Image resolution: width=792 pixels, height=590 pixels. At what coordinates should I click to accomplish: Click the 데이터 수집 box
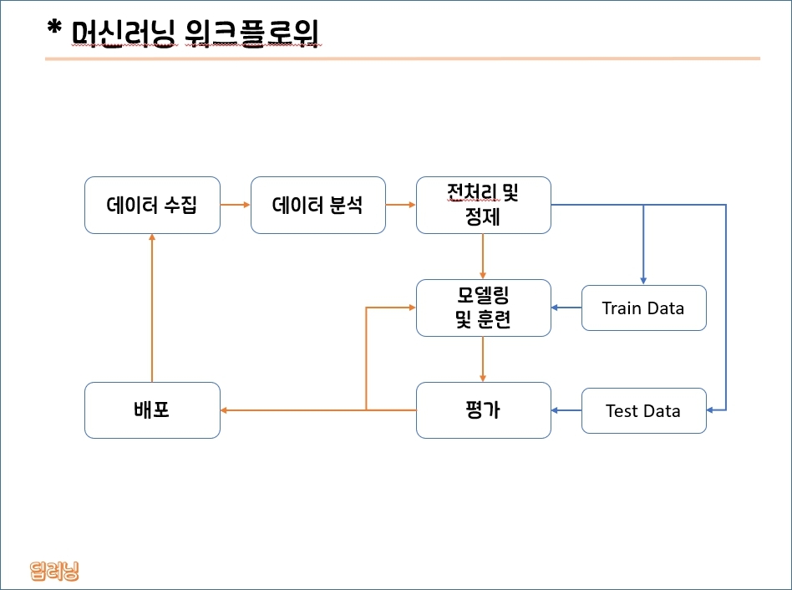pyautogui.click(x=152, y=205)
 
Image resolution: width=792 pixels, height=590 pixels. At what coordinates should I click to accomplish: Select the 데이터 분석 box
pyautogui.click(x=318, y=205)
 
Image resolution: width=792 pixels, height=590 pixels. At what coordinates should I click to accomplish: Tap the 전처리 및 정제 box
pyautogui.click(x=484, y=205)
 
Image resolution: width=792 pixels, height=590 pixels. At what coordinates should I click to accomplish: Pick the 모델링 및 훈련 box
pyautogui.click(x=484, y=308)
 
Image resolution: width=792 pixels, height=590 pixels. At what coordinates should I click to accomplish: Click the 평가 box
pyautogui.click(x=484, y=410)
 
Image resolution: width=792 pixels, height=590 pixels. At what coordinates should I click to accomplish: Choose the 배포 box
pyautogui.click(x=152, y=410)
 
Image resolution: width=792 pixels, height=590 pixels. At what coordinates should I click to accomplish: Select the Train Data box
pyautogui.click(x=644, y=308)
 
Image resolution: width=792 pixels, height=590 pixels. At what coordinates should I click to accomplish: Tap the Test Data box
pyautogui.click(x=644, y=410)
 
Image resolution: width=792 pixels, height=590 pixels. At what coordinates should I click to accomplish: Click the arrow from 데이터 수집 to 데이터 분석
pyautogui.click(x=236, y=205)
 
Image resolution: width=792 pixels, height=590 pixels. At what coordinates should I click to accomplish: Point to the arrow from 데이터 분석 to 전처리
pyautogui.click(x=401, y=205)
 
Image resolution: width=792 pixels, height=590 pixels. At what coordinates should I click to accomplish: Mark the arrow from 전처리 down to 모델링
pyautogui.click(x=483, y=257)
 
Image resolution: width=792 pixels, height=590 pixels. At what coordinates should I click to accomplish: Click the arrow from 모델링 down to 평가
pyautogui.click(x=483, y=359)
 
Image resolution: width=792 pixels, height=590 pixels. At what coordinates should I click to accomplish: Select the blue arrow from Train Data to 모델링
pyautogui.click(x=566, y=308)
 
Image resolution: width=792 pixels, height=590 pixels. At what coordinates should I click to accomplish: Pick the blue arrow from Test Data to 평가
pyautogui.click(x=566, y=410)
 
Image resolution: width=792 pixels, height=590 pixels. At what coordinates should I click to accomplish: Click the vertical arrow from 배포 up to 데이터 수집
pyautogui.click(x=152, y=308)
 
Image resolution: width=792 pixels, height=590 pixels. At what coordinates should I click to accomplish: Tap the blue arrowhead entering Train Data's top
pyautogui.click(x=643, y=281)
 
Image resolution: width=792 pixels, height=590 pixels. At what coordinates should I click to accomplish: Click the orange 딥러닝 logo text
pyautogui.click(x=54, y=571)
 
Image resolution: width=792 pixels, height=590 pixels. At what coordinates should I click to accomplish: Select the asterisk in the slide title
pyautogui.click(x=54, y=28)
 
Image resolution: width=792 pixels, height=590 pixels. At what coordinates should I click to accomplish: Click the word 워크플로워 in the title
pyautogui.click(x=251, y=33)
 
